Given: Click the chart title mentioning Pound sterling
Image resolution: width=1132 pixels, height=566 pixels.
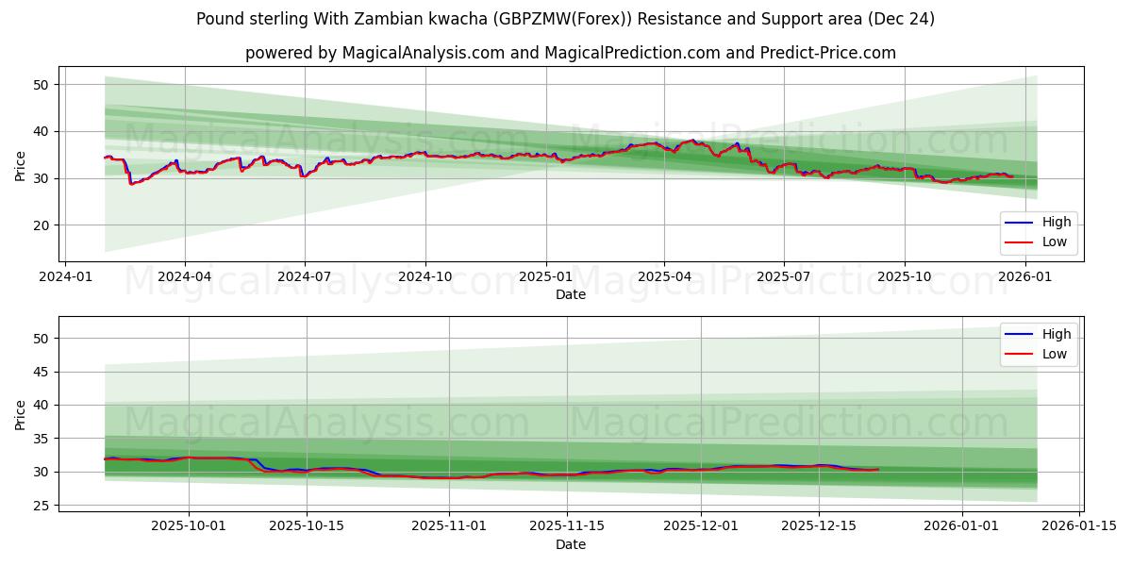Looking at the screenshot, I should [565, 19].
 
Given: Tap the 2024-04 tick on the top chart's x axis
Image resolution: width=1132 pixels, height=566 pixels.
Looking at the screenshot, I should [184, 278].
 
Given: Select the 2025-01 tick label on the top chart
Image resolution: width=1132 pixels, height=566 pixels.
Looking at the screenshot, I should [545, 278].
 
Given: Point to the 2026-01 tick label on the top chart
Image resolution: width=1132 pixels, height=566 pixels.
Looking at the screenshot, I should [1024, 278].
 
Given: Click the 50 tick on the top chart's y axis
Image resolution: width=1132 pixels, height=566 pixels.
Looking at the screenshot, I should [42, 85].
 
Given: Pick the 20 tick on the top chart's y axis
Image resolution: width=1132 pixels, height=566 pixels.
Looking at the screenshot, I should [42, 225].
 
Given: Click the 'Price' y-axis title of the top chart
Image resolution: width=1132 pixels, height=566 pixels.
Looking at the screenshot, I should [21, 164].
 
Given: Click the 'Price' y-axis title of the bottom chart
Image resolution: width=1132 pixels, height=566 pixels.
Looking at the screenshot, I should [21, 413].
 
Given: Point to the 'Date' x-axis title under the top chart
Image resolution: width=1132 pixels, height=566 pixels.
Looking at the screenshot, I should [570, 294].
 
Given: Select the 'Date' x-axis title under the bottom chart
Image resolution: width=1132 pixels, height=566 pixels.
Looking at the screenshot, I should [570, 544].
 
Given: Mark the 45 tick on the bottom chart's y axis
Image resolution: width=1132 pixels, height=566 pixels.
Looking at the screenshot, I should [42, 372].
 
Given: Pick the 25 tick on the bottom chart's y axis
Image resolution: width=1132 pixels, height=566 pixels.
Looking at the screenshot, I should [42, 506].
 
